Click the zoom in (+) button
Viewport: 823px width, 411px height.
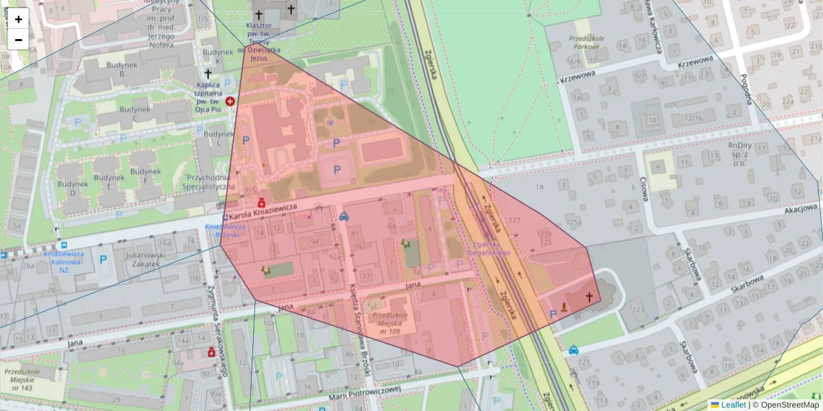[x=19, y=19]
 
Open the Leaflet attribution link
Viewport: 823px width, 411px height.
[x=735, y=405]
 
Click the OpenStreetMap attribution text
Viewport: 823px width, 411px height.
[x=789, y=405]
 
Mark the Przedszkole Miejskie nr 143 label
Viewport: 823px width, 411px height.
[x=19, y=379]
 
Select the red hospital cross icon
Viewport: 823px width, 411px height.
[x=230, y=101]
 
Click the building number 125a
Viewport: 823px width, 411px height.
[x=573, y=222]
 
